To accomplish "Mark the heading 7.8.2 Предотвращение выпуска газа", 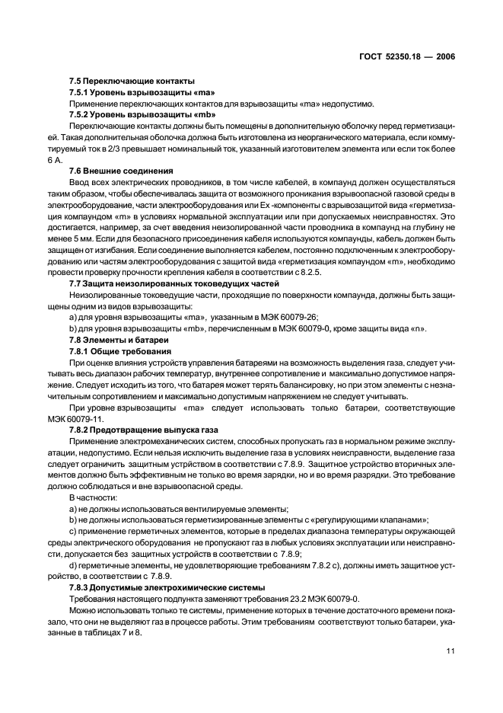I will [142, 422].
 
